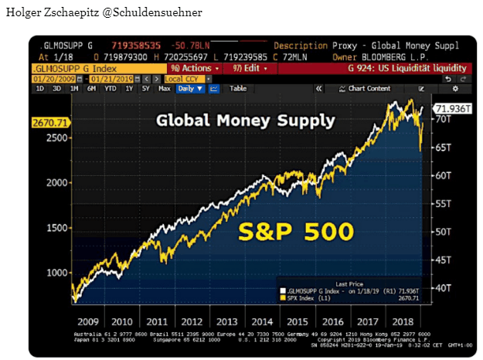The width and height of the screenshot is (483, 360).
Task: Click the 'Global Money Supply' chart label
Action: (x=245, y=121)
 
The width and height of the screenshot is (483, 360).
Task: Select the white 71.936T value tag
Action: (x=453, y=109)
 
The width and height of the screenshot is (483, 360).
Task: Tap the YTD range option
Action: (x=111, y=89)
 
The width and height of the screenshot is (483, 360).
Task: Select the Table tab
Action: (x=238, y=89)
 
